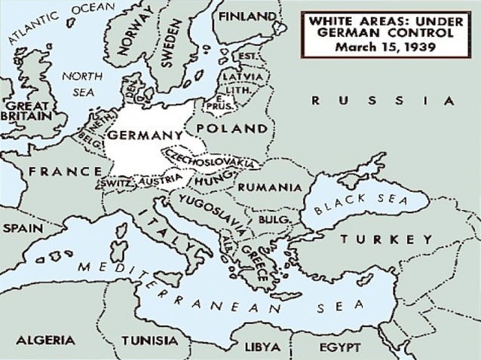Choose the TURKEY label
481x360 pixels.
tap(387, 239)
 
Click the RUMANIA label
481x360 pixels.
tap(265, 187)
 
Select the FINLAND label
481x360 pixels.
tap(247, 16)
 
